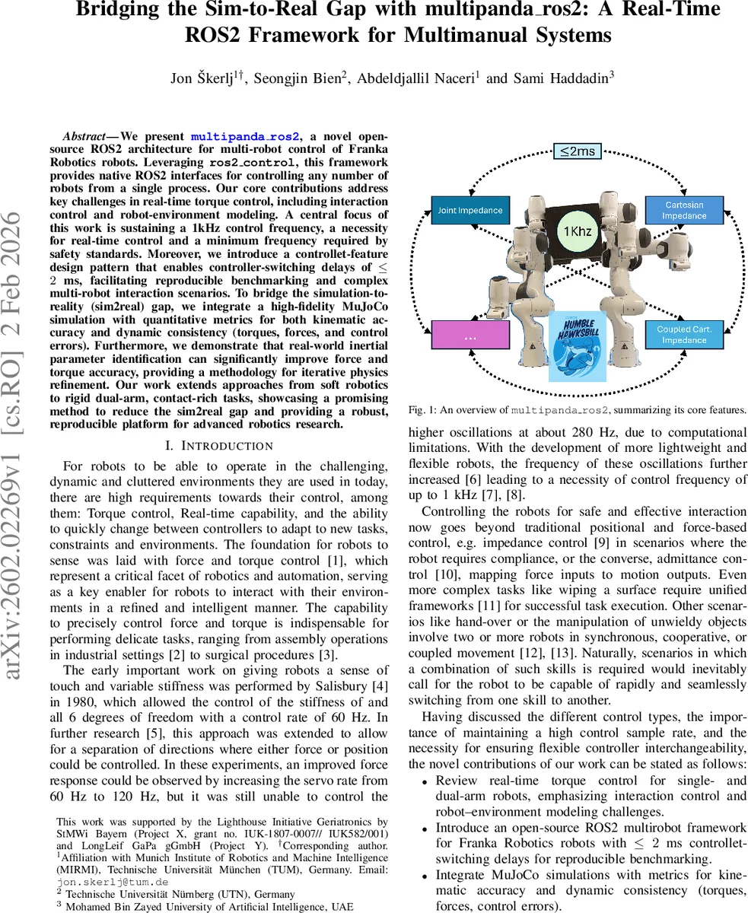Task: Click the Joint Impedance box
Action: [x=469, y=210]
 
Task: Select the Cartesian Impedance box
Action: [x=683, y=210]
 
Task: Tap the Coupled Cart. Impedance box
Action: [x=683, y=335]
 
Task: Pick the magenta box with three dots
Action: [x=469, y=336]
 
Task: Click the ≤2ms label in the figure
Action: [x=576, y=151]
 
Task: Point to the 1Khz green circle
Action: [x=578, y=231]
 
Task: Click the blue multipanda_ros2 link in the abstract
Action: [x=246, y=136]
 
